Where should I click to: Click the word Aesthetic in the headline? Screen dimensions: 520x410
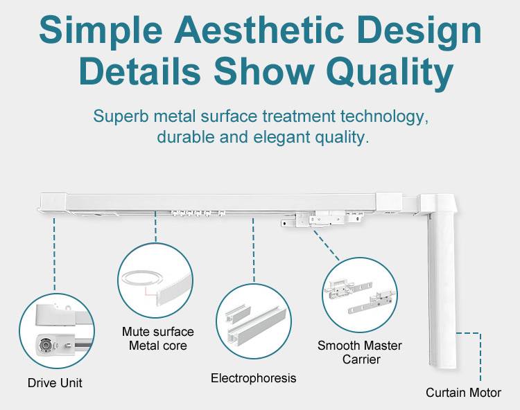tap(259, 30)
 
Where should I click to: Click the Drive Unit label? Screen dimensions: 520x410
tap(55, 383)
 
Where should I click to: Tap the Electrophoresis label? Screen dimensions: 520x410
tap(253, 378)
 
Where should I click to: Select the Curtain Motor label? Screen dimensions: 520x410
tap(463, 393)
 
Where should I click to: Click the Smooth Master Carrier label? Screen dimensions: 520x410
tap(360, 353)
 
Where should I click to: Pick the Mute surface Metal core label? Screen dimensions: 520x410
tap(158, 339)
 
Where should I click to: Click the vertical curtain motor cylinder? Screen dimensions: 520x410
tap(443, 285)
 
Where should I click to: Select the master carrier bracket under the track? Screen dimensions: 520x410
tap(321, 219)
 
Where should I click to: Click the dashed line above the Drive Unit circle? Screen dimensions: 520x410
tap(54, 254)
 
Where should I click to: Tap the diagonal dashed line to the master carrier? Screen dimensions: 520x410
tap(327, 245)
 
